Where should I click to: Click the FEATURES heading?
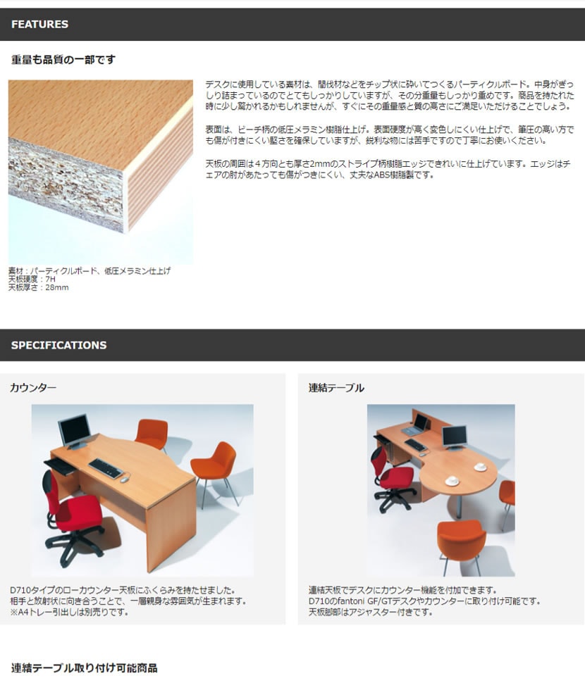click(x=39, y=25)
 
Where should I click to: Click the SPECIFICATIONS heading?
click(x=58, y=346)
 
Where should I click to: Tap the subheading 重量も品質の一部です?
click(x=63, y=60)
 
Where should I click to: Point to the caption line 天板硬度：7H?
click(x=32, y=280)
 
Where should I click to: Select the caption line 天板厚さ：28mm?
click(x=38, y=288)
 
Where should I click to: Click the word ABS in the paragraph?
click(x=381, y=175)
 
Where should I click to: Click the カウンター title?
click(x=33, y=388)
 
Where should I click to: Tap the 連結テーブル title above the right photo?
click(x=336, y=388)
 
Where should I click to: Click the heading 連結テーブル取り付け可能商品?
click(x=84, y=668)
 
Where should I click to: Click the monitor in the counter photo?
click(x=75, y=430)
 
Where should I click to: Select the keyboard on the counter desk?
click(x=106, y=468)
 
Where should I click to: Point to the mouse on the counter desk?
click(x=125, y=479)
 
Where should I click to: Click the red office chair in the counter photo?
click(x=71, y=515)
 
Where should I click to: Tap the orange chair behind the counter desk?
click(x=152, y=434)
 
